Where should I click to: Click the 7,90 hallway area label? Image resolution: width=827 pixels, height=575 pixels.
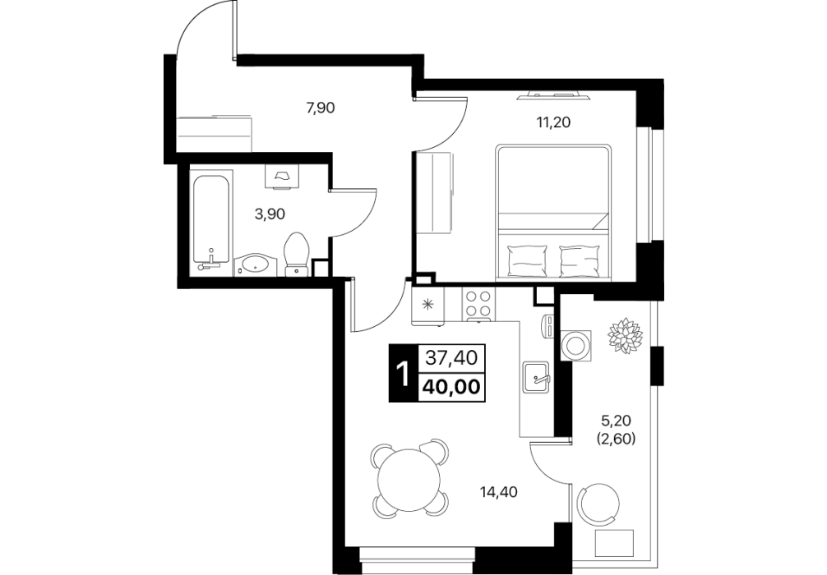[x=321, y=108]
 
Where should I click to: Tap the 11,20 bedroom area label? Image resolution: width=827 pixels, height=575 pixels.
[x=553, y=122]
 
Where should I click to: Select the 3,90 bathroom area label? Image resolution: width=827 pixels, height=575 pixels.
[x=270, y=214]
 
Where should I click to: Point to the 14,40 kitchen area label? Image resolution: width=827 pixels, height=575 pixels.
[x=498, y=492]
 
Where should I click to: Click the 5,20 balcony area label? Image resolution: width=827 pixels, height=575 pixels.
[x=616, y=421]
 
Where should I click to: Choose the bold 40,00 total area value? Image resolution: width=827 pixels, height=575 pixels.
[x=451, y=388]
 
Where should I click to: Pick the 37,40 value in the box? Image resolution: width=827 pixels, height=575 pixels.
[x=451, y=358]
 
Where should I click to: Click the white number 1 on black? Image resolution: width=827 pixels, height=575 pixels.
[x=403, y=374]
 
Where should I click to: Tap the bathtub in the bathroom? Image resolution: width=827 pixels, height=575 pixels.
[x=211, y=220]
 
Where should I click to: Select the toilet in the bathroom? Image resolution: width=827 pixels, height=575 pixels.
[x=298, y=255]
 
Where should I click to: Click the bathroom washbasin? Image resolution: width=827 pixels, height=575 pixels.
[x=256, y=265]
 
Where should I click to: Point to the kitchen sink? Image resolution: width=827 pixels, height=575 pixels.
[x=536, y=377]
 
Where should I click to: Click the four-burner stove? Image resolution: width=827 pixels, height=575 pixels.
[x=479, y=305]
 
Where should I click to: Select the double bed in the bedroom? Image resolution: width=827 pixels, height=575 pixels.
[x=552, y=212]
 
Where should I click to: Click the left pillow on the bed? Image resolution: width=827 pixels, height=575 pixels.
[x=526, y=261]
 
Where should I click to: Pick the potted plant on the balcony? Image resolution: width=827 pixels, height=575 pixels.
[x=625, y=334]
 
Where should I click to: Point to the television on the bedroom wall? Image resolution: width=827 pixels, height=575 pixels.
[x=554, y=95]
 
